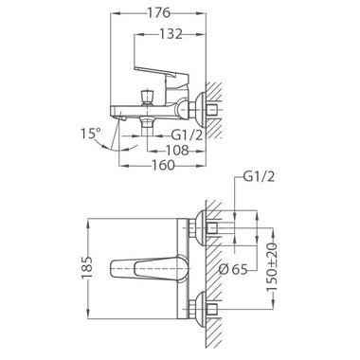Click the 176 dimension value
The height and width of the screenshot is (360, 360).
tap(159, 13)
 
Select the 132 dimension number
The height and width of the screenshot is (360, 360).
tap(171, 34)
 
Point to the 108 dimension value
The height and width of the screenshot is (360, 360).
tap(177, 151)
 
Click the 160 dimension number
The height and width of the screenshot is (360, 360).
tap(163, 165)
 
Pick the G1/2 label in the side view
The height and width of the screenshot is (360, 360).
tap(187, 135)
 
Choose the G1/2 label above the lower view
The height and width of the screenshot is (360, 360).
tap(259, 177)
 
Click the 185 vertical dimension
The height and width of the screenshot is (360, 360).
tap(87, 267)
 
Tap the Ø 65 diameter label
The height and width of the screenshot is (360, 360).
tap(233, 269)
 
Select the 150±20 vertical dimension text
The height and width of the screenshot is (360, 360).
tap(271, 268)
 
